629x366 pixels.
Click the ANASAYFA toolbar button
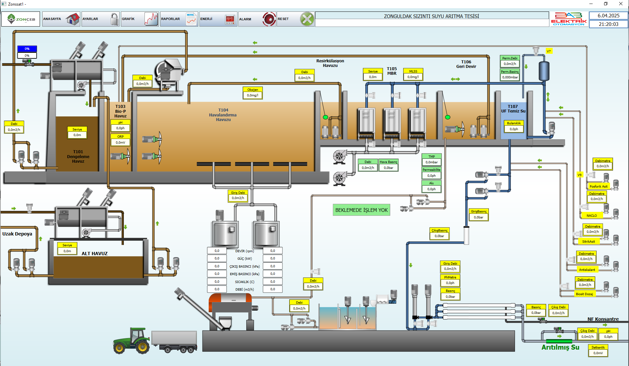pyautogui.click(x=61, y=19)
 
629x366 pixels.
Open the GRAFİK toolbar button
pyautogui.click(x=140, y=19)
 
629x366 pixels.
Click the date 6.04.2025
pyautogui.click(x=608, y=16)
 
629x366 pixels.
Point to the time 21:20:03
pyautogui.click(x=608, y=24)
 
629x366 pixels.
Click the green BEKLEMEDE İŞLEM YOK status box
pyautogui.click(x=361, y=210)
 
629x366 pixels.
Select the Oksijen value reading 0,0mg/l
pyautogui.click(x=253, y=95)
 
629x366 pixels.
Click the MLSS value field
pyautogui.click(x=413, y=77)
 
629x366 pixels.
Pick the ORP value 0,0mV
pyautogui.click(x=121, y=143)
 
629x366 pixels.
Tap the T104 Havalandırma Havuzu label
pyautogui.click(x=223, y=115)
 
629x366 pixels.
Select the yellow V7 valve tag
pyautogui.click(x=549, y=51)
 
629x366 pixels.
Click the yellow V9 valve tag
pyautogui.click(x=580, y=175)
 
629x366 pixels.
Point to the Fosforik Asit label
pyautogui.click(x=599, y=187)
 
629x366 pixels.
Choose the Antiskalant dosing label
pyautogui.click(x=587, y=270)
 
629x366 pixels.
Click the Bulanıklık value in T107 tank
pyautogui.click(x=514, y=129)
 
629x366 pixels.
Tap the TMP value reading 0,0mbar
pyautogui.click(x=431, y=162)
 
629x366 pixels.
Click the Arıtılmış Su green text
pyautogui.click(x=560, y=347)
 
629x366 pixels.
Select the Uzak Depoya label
pyautogui.click(x=17, y=234)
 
